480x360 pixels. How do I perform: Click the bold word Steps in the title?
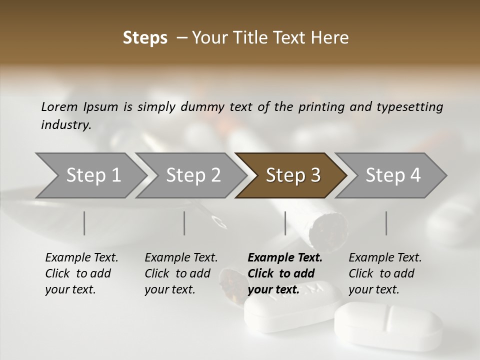[145, 38]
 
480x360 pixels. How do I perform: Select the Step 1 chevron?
[90, 175]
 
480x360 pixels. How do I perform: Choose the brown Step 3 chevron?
[292, 175]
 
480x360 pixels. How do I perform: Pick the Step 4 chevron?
[392, 175]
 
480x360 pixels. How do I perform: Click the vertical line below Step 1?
[84, 223]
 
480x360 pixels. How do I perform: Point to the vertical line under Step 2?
[184, 223]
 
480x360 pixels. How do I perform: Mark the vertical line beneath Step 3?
[285, 223]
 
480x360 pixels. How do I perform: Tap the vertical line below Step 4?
[386, 223]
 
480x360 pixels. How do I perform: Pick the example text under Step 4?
[385, 273]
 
